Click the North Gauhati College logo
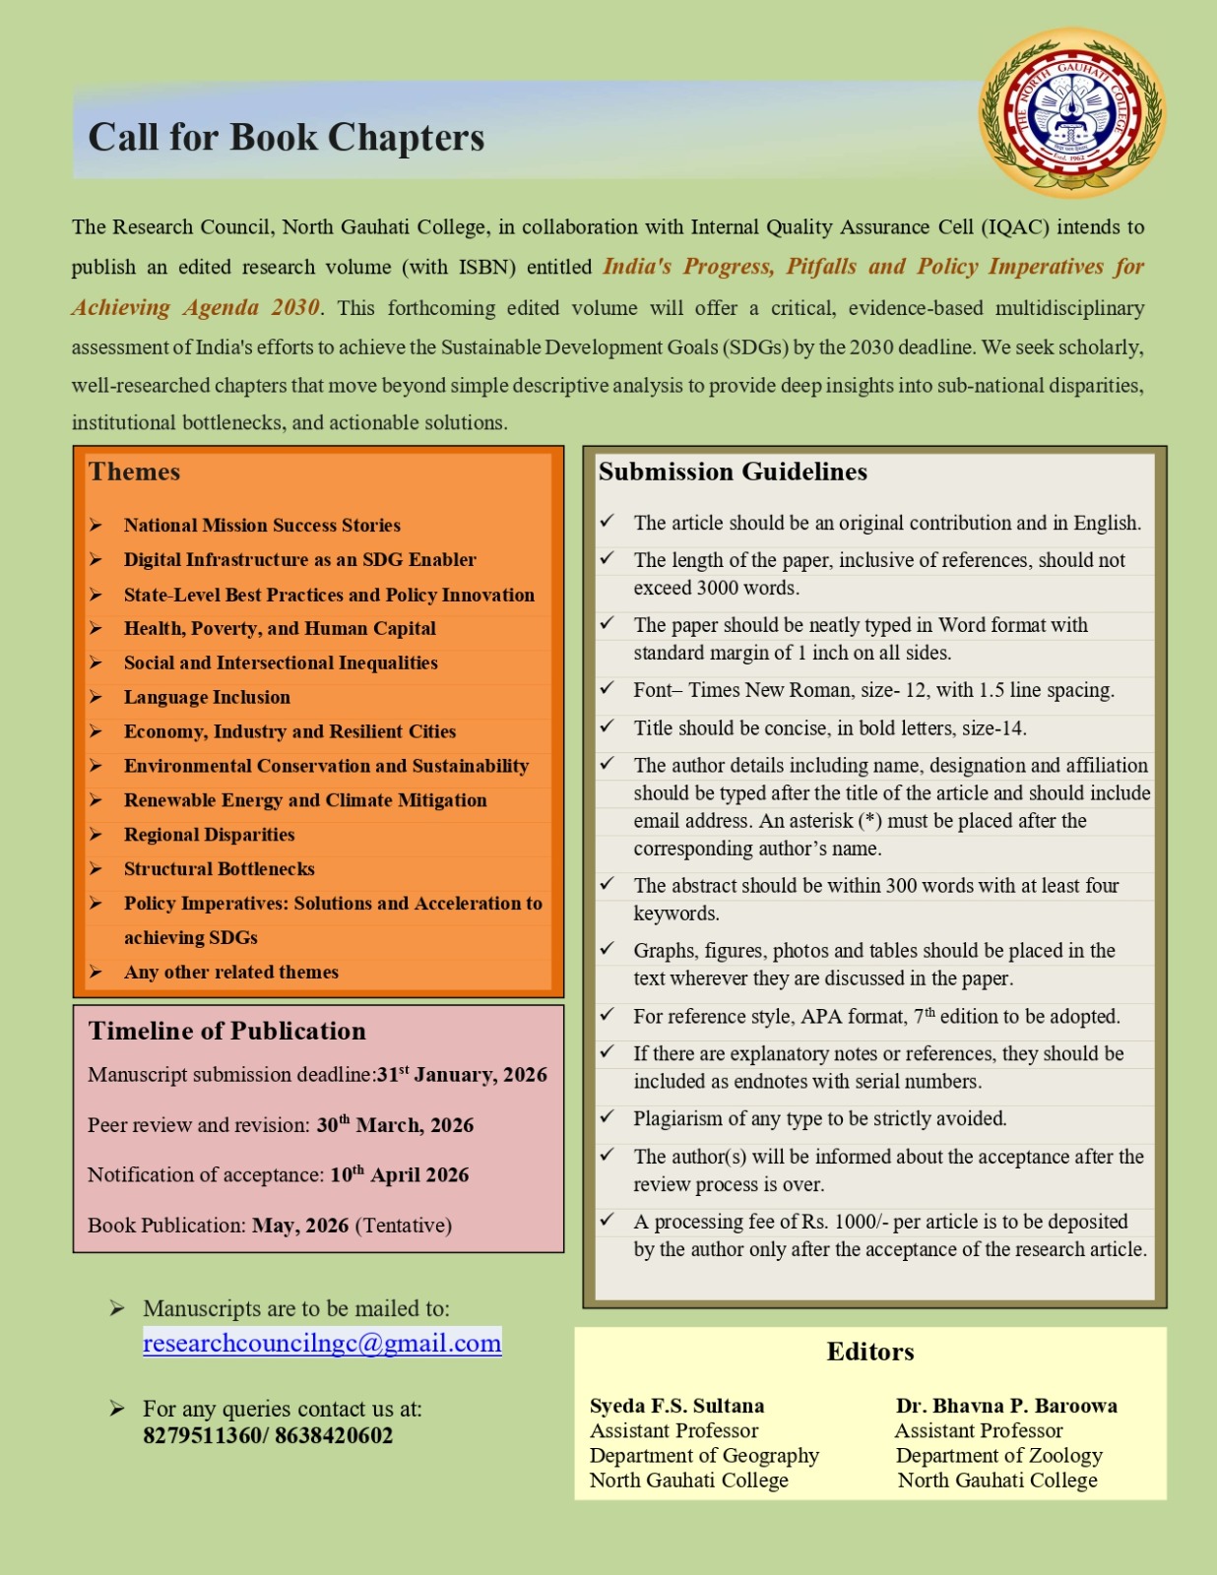(x=1072, y=112)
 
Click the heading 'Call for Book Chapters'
(x=287, y=137)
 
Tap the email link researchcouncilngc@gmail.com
(x=322, y=1343)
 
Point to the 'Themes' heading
(x=134, y=472)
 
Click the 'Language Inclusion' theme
(x=207, y=697)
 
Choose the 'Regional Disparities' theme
(x=209, y=835)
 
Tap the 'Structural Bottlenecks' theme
(x=219, y=869)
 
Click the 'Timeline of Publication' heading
(x=226, y=1031)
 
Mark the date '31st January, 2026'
(x=462, y=1074)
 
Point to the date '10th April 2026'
(x=399, y=1174)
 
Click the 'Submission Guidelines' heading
(x=733, y=472)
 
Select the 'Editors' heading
(x=870, y=1352)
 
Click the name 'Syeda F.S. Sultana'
(x=677, y=1406)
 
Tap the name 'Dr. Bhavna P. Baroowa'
(x=1006, y=1406)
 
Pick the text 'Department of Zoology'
(x=998, y=1455)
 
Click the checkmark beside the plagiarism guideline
(x=608, y=1117)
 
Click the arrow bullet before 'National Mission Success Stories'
(x=96, y=525)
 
